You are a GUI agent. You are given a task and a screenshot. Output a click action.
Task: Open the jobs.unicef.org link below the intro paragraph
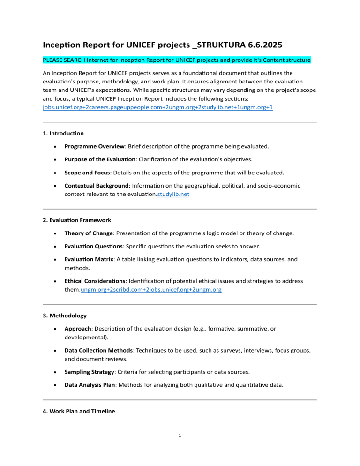tap(155, 107)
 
